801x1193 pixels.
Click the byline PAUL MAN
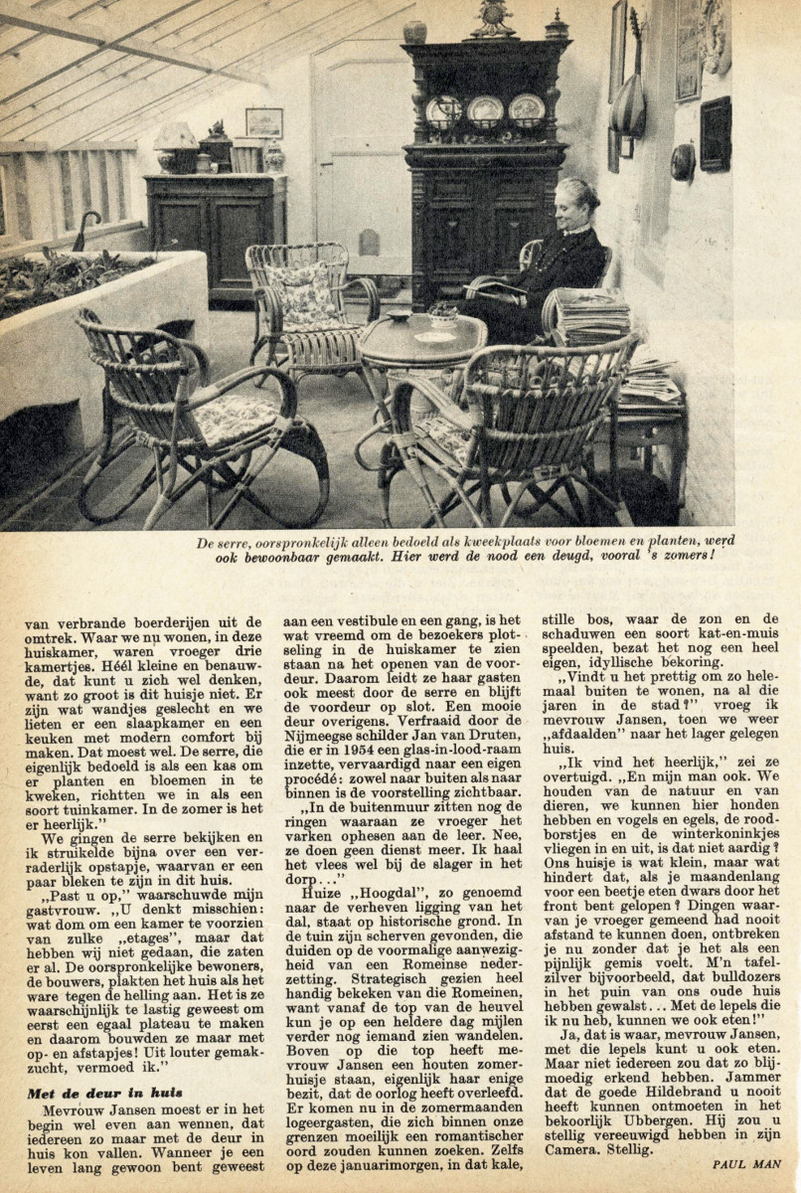(x=746, y=1163)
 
